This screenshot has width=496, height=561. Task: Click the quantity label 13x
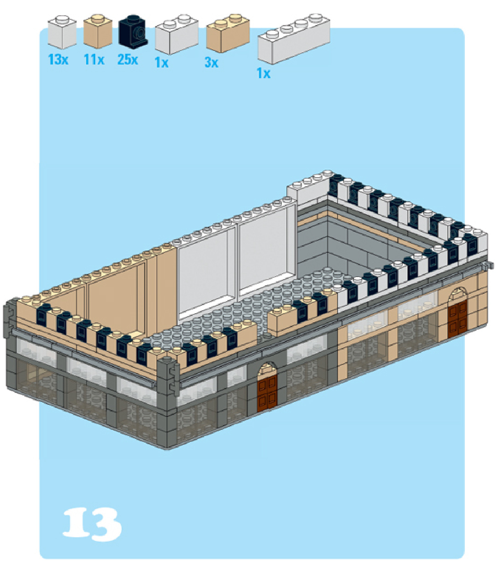(x=58, y=60)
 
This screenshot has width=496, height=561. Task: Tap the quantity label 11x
(x=94, y=60)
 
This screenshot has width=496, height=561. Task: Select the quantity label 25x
(x=128, y=60)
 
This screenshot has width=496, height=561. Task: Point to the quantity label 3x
(x=212, y=62)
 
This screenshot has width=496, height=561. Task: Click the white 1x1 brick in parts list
(x=62, y=32)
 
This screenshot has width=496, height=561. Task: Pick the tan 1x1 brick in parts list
(x=98, y=31)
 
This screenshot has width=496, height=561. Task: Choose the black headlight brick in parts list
(x=133, y=31)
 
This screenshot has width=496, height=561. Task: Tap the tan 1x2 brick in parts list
(x=228, y=33)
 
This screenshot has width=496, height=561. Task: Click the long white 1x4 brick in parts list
(x=294, y=39)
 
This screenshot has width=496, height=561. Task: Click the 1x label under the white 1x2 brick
(x=162, y=62)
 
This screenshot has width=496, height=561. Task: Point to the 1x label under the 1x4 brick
(x=263, y=73)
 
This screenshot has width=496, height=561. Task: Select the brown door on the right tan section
(x=457, y=317)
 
